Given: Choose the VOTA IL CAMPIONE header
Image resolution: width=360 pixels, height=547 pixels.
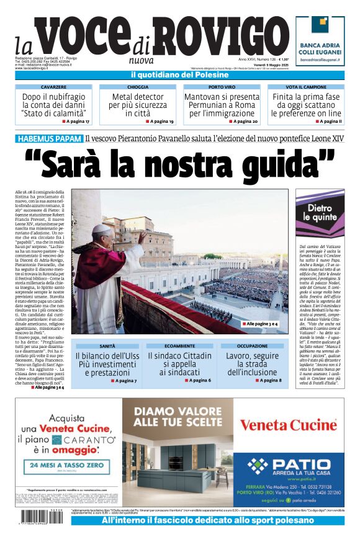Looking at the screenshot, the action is coord(306,87).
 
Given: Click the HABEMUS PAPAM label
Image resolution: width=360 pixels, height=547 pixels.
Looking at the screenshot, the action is coord(50,139).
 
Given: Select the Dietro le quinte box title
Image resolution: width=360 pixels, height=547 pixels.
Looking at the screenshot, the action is coord(320,213).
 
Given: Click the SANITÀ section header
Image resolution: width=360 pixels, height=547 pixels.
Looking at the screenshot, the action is coord(107,346).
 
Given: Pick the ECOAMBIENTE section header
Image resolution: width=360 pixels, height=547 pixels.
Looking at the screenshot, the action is coord(179,346).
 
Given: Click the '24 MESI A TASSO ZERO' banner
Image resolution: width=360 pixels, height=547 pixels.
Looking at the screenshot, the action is coord(70,465).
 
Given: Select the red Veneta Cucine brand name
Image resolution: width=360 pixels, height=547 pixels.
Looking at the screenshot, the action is coord(288,425).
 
